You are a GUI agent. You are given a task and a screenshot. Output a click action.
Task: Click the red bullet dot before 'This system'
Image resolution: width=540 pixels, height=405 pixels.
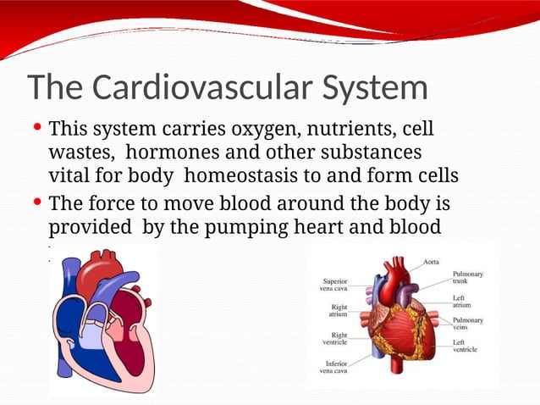pos(37,129)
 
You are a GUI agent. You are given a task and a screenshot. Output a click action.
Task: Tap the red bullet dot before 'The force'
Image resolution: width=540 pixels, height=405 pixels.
pos(37,203)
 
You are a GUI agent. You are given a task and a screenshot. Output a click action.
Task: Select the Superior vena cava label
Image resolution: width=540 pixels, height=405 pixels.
pos(332,285)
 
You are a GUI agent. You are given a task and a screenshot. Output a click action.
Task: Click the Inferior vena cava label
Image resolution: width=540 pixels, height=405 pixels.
pos(332,367)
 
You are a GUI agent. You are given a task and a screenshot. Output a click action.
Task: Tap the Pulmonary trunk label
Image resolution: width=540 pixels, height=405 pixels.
pos(468,278)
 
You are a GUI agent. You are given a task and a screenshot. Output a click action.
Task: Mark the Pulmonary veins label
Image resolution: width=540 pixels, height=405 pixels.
pos(468,324)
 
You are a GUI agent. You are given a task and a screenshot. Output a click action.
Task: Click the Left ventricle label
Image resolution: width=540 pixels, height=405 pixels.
pos(465,346)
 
